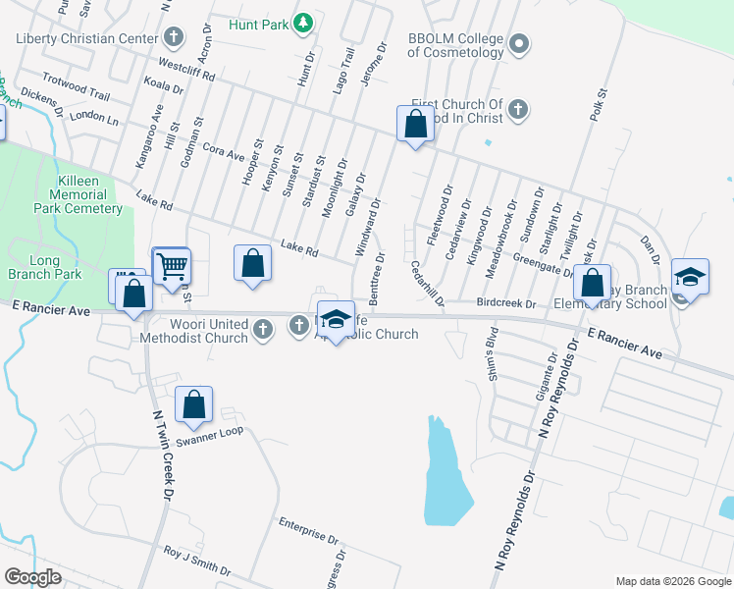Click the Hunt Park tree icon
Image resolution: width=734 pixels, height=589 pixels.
pyautogui.click(x=304, y=22)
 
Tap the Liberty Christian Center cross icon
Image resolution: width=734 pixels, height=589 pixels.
pyautogui.click(x=175, y=38)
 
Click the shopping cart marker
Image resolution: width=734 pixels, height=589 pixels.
pyautogui.click(x=172, y=265)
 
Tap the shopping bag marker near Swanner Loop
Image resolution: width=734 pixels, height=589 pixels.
pyautogui.click(x=194, y=403)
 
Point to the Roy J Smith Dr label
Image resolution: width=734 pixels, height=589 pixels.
pyautogui.click(x=197, y=562)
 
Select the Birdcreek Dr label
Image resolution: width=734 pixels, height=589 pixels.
pyautogui.click(x=506, y=303)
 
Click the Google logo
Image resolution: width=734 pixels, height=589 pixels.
pyautogui.click(x=32, y=577)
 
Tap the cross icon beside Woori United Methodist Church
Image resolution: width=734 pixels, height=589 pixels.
pyautogui.click(x=263, y=330)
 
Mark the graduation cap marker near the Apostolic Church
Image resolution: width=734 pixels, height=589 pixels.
pyautogui.click(x=336, y=318)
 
